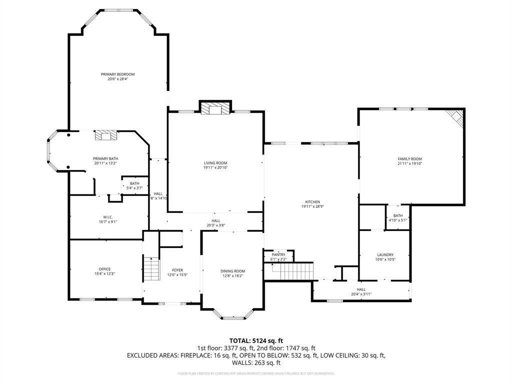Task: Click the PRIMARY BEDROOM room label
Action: pyautogui.click(x=117, y=74)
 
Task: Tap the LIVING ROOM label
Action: pyautogui.click(x=215, y=163)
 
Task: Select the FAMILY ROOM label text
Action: pyautogui.click(x=409, y=159)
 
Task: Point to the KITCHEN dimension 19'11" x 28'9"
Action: pyautogui.click(x=310, y=206)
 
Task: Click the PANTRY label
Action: pyautogui.click(x=278, y=254)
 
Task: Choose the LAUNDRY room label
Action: pyautogui.click(x=385, y=254)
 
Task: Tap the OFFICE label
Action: pyautogui.click(x=104, y=269)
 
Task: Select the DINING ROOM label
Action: pyautogui.click(x=233, y=271)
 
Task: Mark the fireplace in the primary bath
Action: pyautogui.click(x=105, y=135)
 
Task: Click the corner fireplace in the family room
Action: pyautogui.click(x=456, y=117)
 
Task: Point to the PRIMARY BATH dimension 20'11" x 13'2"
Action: pyautogui.click(x=105, y=163)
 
